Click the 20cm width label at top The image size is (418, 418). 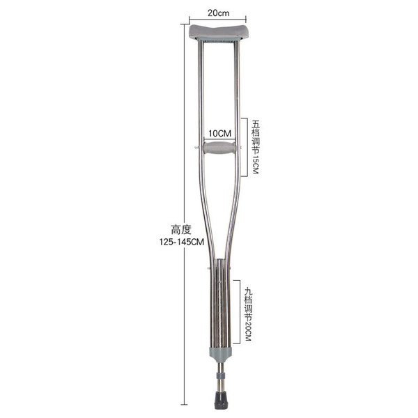[x=218, y=13]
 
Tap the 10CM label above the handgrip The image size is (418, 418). [x=220, y=133]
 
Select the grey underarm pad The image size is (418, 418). [x=219, y=32]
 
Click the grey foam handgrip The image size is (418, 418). [x=219, y=148]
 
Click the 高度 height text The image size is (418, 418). [x=181, y=229]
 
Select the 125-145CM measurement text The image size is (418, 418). [x=182, y=242]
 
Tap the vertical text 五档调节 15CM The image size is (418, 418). [x=256, y=147]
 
